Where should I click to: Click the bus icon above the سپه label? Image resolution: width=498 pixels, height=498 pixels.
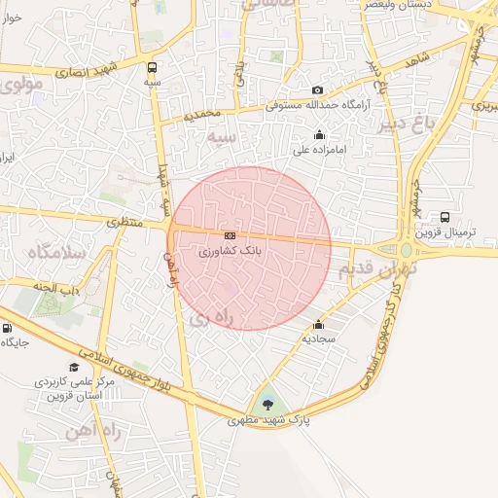click(x=152, y=67)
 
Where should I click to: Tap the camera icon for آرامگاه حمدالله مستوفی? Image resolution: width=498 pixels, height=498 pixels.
click(x=317, y=90)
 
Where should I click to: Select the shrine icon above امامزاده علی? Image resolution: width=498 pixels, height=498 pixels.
click(x=319, y=135)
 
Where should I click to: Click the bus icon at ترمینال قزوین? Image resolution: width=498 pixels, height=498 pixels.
click(x=445, y=218)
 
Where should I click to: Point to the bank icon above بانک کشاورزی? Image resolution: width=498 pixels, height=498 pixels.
click(x=230, y=235)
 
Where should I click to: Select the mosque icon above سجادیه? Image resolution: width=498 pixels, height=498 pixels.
click(x=317, y=325)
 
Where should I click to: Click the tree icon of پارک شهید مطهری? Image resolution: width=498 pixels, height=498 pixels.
click(x=268, y=405)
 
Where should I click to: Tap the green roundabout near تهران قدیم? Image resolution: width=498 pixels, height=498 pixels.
click(x=407, y=250)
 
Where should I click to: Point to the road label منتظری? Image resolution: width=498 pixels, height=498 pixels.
click(x=124, y=223)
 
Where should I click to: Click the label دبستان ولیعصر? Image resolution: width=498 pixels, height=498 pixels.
click(x=398, y=5)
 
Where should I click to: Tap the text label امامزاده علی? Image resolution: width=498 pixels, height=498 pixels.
click(x=320, y=152)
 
